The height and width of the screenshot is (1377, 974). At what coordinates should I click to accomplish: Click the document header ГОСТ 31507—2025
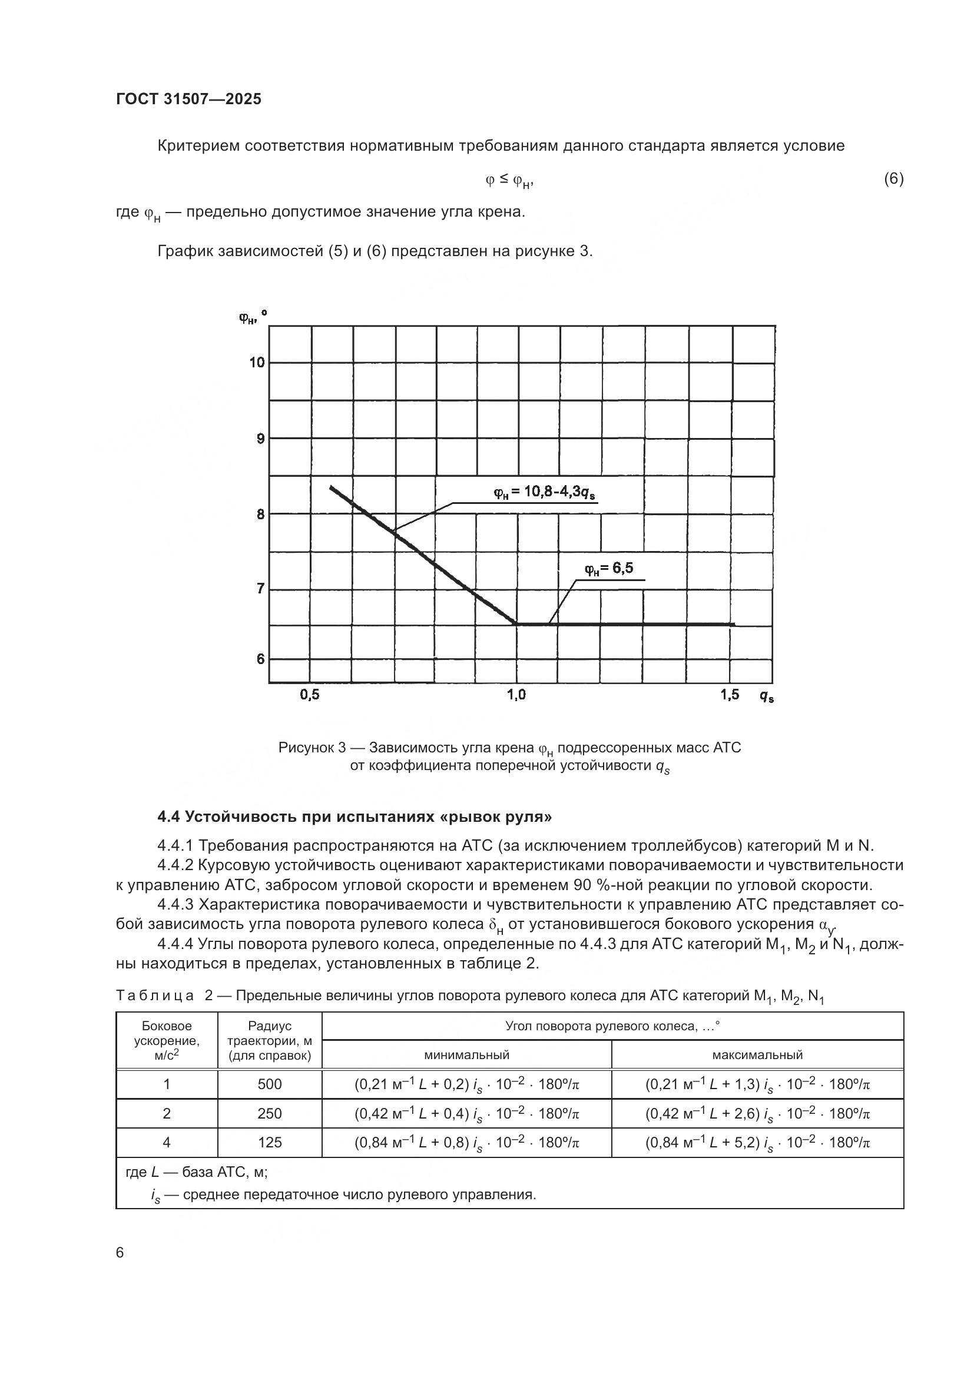189,99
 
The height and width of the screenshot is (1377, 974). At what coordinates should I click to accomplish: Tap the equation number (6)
893,179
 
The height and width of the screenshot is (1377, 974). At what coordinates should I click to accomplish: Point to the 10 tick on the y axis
257,362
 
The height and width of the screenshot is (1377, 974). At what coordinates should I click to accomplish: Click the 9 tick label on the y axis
260,439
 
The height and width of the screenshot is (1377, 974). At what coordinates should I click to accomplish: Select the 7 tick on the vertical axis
260,588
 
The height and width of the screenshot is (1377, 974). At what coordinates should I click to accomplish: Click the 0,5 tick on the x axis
310,695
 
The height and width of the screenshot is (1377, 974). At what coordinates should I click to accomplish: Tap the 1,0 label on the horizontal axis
516,695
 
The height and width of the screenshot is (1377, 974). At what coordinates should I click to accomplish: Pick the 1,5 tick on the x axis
730,695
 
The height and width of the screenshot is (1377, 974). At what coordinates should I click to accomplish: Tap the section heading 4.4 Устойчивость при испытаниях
355,816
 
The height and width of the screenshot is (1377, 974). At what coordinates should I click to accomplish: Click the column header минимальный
466,1054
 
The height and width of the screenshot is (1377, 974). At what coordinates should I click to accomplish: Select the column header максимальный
757,1054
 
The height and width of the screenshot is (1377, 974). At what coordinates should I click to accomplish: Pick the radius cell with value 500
269,1084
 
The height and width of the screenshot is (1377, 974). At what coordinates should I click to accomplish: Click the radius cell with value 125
269,1143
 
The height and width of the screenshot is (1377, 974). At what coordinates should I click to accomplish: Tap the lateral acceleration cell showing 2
167,1113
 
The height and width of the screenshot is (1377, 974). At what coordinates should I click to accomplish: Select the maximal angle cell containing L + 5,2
757,1143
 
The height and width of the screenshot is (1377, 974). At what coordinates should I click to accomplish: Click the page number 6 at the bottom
120,1253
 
